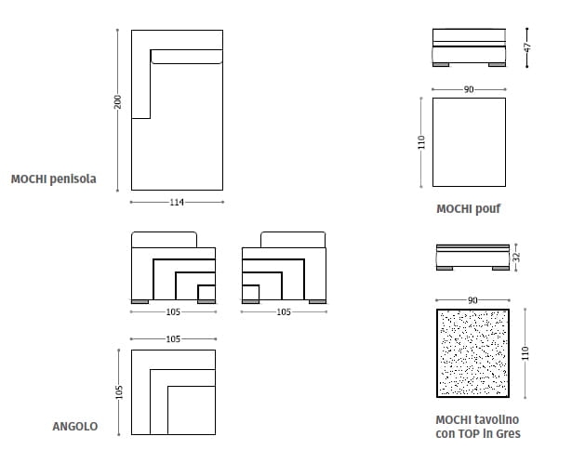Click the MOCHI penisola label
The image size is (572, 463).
pyautogui.click(x=54, y=179)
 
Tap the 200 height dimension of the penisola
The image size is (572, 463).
pyautogui.click(x=117, y=101)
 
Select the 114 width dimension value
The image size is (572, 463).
pyautogui.click(x=177, y=202)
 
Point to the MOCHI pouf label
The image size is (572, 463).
pyautogui.click(x=469, y=209)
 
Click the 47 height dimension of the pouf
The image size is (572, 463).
pyautogui.click(x=527, y=47)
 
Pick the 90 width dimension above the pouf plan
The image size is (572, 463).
pyautogui.click(x=469, y=89)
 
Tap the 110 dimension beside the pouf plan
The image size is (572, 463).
pyautogui.click(x=421, y=142)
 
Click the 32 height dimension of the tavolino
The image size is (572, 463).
pyautogui.click(x=516, y=257)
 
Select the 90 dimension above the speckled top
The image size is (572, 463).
pyautogui.click(x=472, y=300)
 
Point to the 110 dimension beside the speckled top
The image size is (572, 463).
pyautogui.click(x=525, y=353)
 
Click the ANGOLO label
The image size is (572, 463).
pyautogui.click(x=75, y=427)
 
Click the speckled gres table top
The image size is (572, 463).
pyautogui.click(x=472, y=353)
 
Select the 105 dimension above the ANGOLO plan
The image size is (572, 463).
pyautogui.click(x=173, y=339)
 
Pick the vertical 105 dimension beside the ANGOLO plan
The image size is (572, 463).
pyautogui.click(x=119, y=392)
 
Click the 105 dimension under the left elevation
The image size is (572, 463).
pyautogui.click(x=173, y=312)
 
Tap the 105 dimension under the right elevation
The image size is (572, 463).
pyautogui.click(x=284, y=312)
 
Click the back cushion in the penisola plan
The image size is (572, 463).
pyautogui.click(x=186, y=57)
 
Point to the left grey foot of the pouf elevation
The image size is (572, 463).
pyautogui.click(x=441, y=64)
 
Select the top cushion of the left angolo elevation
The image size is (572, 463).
pyautogui.click(x=164, y=240)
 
